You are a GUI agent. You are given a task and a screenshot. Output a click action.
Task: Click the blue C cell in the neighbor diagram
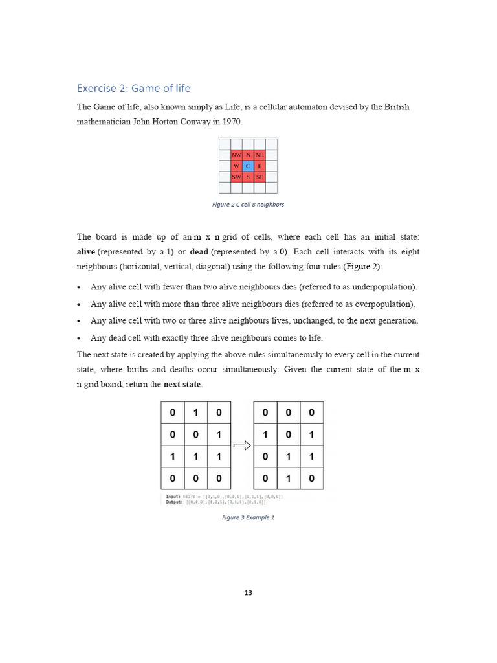click(248, 166)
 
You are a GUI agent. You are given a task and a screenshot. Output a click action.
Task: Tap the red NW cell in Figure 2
click(237, 155)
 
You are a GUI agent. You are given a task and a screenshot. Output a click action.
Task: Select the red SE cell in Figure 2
click(260, 177)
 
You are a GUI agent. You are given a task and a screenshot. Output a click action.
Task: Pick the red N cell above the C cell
click(248, 155)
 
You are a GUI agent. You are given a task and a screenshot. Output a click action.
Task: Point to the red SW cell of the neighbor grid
click(237, 177)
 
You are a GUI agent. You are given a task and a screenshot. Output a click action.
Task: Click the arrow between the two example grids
click(242, 445)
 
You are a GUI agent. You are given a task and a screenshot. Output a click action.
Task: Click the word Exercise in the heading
click(95, 88)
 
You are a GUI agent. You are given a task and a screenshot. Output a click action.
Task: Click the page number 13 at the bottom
click(248, 593)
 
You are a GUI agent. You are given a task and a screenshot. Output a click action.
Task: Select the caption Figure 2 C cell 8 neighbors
click(248, 204)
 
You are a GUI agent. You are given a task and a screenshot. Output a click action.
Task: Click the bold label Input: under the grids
click(173, 497)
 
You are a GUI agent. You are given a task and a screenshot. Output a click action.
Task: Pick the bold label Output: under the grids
click(175, 502)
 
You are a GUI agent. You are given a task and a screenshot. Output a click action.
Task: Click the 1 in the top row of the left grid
click(195, 412)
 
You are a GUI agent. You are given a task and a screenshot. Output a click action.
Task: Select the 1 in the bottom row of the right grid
click(288, 478)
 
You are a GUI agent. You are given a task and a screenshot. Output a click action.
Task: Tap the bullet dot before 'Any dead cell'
click(79, 338)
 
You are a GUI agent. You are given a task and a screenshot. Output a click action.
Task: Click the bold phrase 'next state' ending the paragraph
click(182, 385)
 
